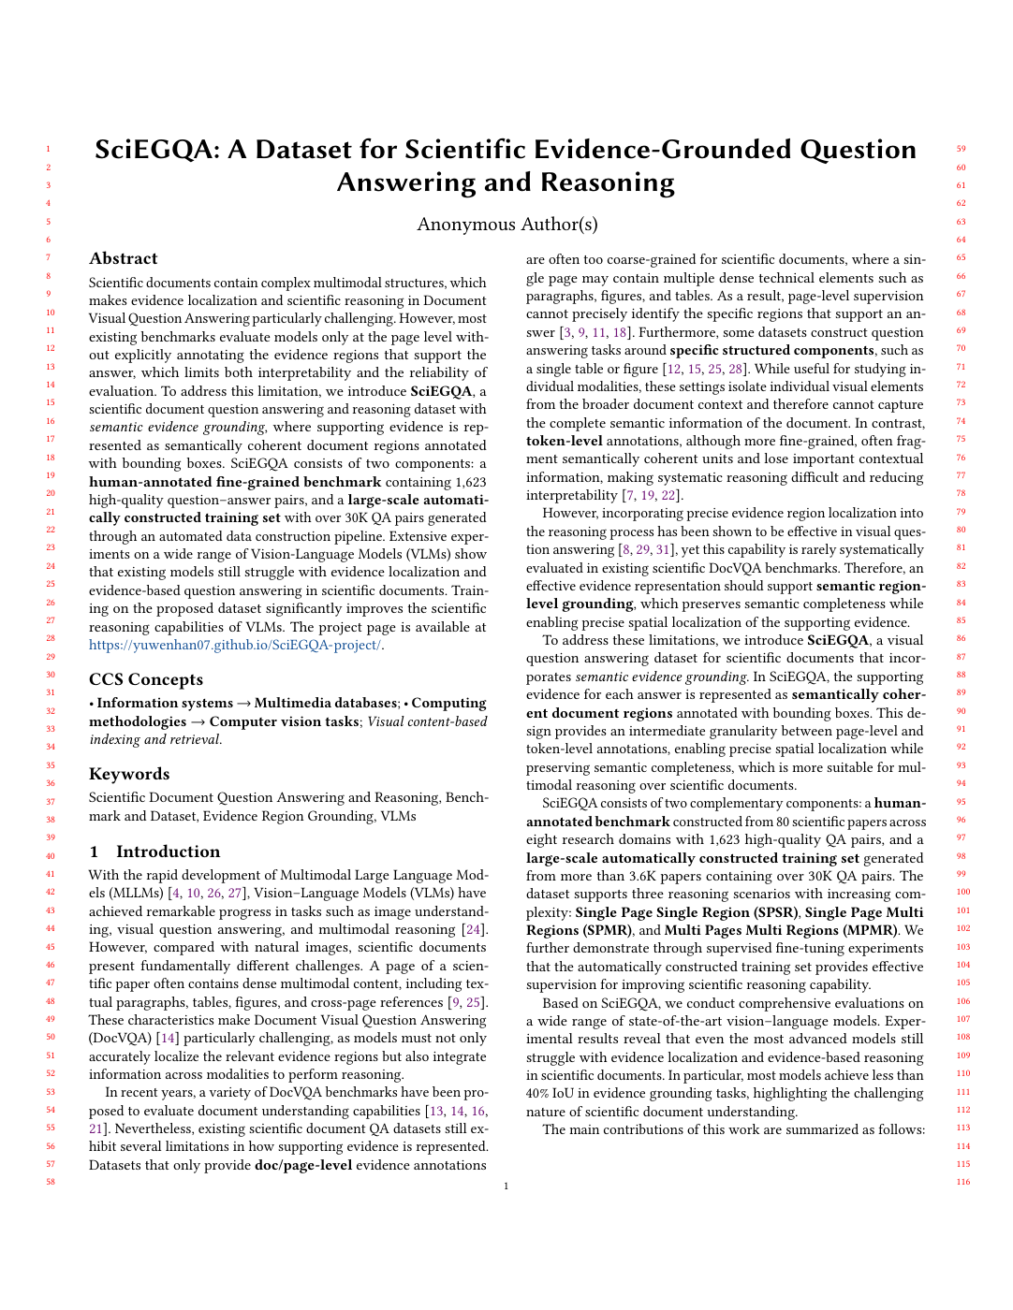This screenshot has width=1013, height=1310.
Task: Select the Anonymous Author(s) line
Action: click(506, 224)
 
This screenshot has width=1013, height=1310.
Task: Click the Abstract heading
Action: click(124, 258)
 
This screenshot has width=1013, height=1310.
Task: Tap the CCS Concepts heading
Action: click(146, 679)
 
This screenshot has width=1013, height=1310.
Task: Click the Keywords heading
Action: click(129, 774)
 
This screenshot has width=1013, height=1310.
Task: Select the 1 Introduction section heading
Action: click(154, 851)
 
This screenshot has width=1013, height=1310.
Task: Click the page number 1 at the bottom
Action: click(506, 1186)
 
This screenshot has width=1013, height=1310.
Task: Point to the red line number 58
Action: click(51, 1182)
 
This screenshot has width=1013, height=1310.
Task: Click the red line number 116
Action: click(962, 1182)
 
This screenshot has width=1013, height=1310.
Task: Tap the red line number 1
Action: click(48, 149)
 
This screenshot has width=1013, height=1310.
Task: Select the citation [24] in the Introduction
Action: click(475, 929)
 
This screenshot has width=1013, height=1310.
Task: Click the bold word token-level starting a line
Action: click(564, 441)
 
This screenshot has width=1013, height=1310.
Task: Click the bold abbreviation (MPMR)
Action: click(871, 930)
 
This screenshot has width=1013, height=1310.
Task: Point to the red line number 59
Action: click(961, 149)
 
